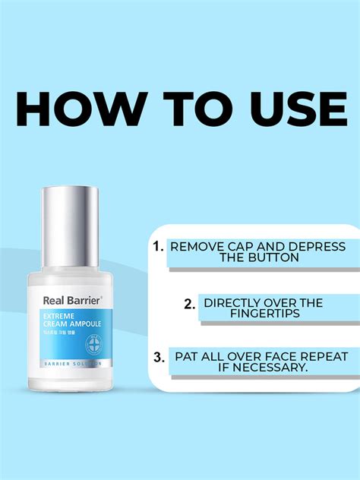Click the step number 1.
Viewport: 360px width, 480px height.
pos(158,247)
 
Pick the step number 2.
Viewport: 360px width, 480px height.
pos(191,304)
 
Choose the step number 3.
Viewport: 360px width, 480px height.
pos(158,355)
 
